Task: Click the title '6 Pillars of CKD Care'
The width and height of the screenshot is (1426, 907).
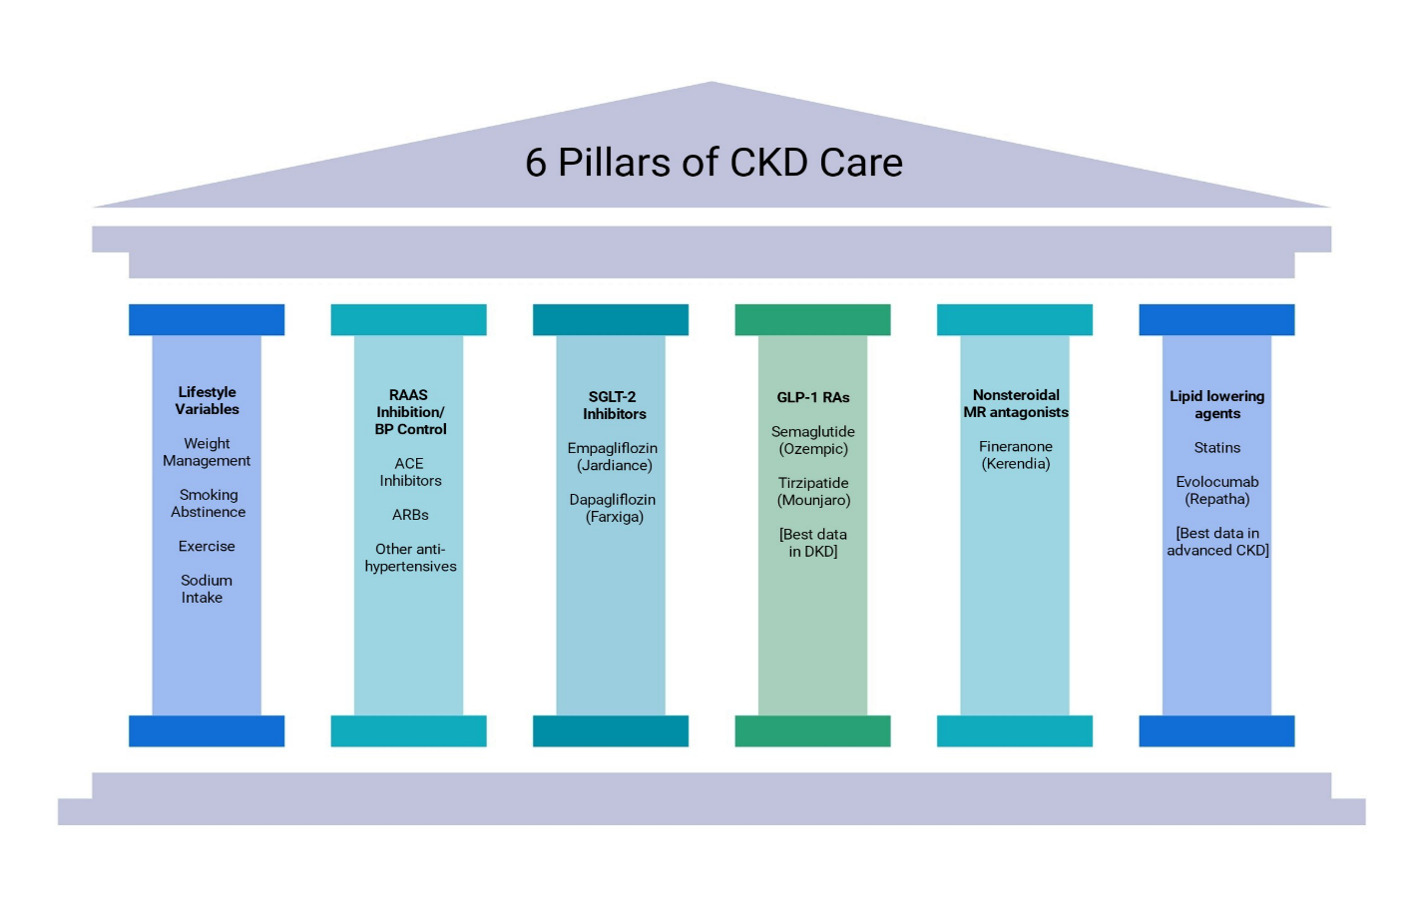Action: (713, 163)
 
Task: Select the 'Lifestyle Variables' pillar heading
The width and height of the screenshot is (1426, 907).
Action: (207, 401)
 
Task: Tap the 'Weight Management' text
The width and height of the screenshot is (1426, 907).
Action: (207, 452)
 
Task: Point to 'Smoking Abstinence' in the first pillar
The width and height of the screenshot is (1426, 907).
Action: (208, 503)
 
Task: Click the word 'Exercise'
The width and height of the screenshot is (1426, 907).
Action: (207, 547)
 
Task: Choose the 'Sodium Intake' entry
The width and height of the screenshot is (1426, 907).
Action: (205, 589)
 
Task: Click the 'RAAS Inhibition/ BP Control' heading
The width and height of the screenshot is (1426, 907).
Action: (410, 412)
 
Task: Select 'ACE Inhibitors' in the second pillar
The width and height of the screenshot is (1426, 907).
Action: (410, 472)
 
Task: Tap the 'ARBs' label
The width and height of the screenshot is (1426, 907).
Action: (410, 515)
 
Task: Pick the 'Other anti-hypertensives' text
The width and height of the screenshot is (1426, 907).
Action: (410, 558)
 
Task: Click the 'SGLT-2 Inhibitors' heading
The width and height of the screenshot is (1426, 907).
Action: (613, 405)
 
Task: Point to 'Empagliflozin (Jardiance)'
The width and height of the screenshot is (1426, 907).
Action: (613, 457)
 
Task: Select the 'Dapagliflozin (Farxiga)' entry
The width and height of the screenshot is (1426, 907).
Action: (613, 508)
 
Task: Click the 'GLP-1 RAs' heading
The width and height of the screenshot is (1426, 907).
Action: (813, 397)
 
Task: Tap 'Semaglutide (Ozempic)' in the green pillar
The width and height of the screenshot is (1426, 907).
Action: (813, 440)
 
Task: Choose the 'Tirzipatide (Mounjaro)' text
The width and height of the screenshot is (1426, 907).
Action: (813, 492)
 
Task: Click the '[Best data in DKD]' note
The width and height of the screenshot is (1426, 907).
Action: (813, 543)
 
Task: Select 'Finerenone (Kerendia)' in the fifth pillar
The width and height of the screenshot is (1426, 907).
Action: (1016, 455)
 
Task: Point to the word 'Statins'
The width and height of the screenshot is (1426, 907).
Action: (1217, 448)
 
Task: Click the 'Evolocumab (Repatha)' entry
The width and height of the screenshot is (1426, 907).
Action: (1217, 491)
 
